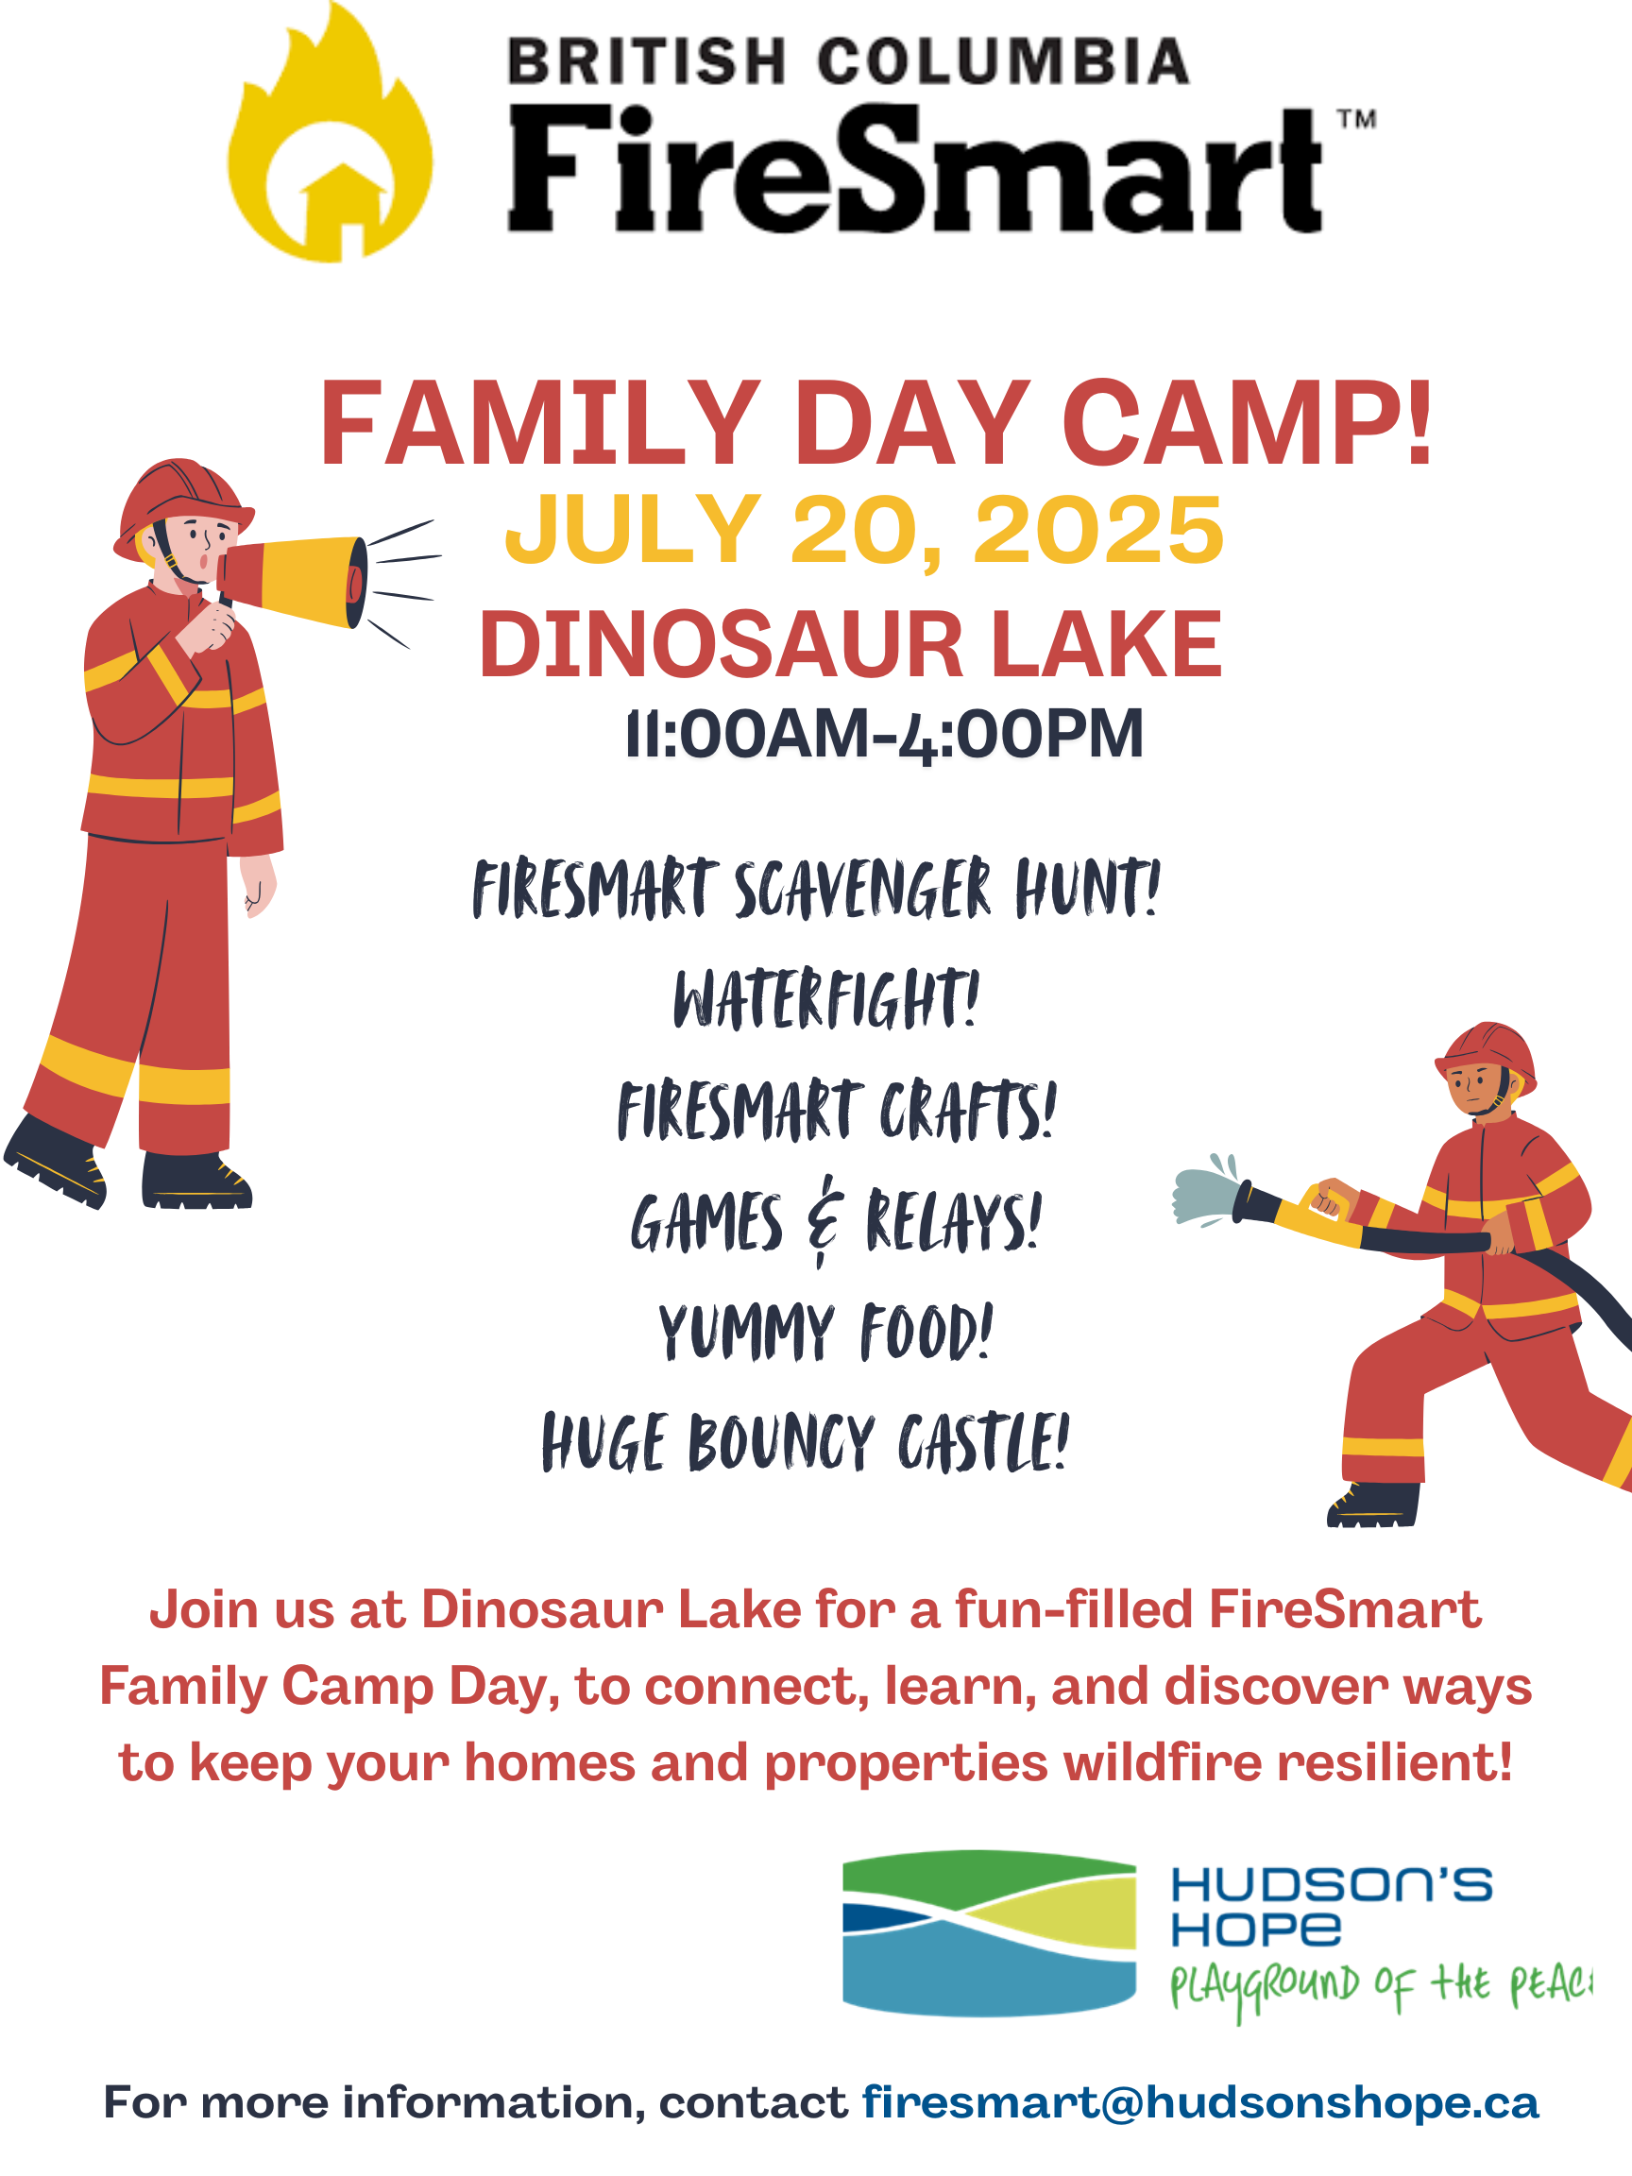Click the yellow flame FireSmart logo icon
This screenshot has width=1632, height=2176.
coord(330,138)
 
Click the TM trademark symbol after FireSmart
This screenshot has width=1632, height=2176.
coord(1356,120)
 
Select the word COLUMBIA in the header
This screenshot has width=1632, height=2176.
coord(1002,61)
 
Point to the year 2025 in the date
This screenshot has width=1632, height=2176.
coord(1098,530)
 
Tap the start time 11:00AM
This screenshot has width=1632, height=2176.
coord(748,734)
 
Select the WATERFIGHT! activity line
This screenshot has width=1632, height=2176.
coord(826,998)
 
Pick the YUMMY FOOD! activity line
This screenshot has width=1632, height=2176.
coord(825,1332)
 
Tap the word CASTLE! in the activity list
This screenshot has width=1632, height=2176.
coord(983,1442)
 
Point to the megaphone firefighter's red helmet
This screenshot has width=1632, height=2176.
coord(182,505)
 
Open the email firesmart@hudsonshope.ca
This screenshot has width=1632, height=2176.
coord(1200,2102)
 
